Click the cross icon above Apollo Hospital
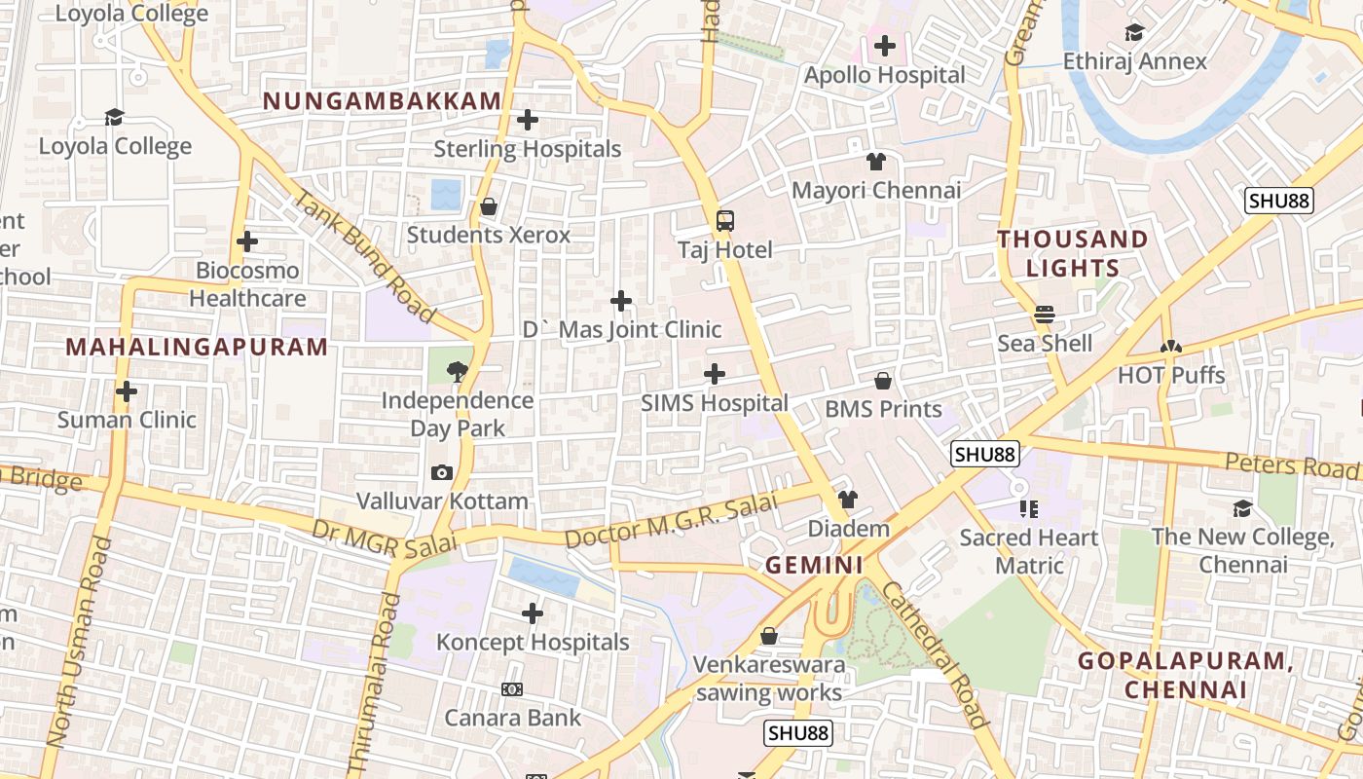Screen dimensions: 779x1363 884,46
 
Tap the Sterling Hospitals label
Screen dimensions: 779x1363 527,149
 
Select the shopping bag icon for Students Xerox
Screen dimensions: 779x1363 489,206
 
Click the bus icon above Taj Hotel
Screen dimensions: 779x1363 725,221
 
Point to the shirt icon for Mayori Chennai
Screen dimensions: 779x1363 876,162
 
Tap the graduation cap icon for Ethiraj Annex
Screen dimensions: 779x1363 1134,33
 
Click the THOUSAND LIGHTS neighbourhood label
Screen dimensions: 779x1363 1072,253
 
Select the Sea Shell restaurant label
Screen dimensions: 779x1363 1045,344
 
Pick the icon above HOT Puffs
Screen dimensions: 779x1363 1170,347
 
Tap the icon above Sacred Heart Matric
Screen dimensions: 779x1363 1029,509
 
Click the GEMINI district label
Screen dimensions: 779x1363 814,566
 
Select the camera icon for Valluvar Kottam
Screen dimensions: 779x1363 441,473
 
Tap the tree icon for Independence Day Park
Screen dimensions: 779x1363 456,371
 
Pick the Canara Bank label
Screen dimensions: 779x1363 512,718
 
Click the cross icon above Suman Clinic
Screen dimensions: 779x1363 127,391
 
